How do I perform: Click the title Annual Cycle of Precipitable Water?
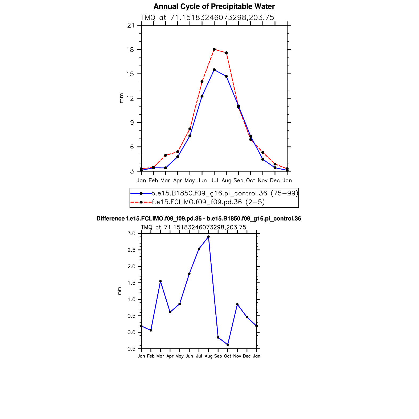pos(214,6)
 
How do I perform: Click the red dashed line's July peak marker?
pos(214,49)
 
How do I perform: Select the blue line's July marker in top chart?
pos(214,70)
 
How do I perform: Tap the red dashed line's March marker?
pos(165,155)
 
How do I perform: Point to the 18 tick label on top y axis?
pos(130,50)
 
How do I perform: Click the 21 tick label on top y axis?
pos(130,26)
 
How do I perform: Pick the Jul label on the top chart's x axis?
pos(214,180)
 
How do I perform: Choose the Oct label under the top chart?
pos(250,180)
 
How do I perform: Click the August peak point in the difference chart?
pos(208,237)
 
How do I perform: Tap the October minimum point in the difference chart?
pos(228,345)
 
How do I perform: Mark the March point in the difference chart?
pos(160,281)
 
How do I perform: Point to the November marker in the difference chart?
pos(237,304)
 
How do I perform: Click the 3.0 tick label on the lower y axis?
pos(132,233)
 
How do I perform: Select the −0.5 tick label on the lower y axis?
pos(130,349)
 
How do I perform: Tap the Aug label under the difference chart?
pos(208,356)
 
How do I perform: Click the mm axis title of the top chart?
pos(121,98)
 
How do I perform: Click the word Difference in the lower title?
pos(110,219)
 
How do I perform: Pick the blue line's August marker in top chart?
pos(226,76)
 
